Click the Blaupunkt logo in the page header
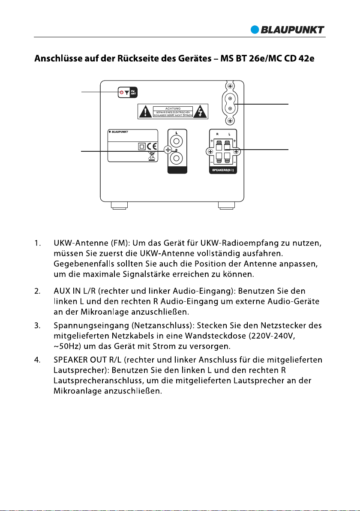point(288,30)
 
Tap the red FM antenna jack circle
point(121,93)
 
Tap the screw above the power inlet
point(230,86)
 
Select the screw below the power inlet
point(230,121)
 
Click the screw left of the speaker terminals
point(210,152)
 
